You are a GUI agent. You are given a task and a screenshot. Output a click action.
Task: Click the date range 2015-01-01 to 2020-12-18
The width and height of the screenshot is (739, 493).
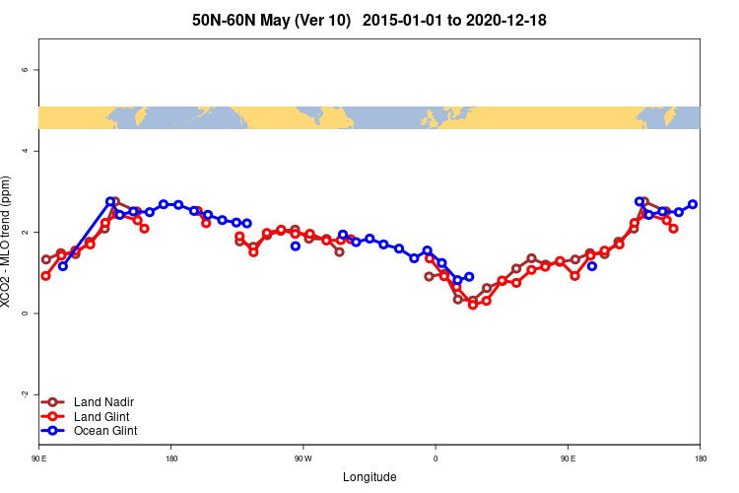[454, 21]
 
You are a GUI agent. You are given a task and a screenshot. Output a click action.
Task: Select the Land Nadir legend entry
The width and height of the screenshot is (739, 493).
[103, 402]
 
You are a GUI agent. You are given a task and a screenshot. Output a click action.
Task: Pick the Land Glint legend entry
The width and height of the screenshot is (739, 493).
[102, 416]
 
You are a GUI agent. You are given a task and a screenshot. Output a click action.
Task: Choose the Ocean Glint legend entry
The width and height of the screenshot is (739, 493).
[105, 431]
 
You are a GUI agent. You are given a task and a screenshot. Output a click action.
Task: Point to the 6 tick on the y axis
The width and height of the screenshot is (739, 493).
[36, 70]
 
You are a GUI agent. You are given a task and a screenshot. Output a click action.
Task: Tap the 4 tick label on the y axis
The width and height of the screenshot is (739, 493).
[36, 151]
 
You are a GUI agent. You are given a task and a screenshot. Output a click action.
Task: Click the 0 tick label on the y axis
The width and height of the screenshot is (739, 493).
[36, 314]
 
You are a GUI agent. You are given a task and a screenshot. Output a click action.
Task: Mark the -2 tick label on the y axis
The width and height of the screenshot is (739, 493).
[35, 394]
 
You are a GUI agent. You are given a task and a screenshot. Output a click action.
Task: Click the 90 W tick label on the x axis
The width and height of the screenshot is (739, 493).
[302, 458]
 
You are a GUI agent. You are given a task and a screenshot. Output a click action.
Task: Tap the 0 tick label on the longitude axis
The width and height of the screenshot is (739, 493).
[436, 458]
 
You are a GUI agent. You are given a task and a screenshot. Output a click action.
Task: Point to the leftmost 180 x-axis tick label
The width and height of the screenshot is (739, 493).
[171, 458]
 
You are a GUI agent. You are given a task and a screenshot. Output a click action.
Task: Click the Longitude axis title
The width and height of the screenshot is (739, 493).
[369, 477]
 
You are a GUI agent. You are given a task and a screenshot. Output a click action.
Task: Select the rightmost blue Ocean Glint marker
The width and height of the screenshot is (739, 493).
[693, 204]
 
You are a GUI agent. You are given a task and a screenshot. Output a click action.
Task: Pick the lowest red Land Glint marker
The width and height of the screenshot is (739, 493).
[473, 305]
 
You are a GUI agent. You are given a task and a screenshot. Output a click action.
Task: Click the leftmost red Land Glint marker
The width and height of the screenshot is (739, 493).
[45, 276]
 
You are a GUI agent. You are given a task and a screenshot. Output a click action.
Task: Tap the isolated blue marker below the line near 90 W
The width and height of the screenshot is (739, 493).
[296, 246]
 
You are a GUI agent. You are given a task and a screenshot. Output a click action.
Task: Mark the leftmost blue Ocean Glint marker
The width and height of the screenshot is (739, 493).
[63, 266]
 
